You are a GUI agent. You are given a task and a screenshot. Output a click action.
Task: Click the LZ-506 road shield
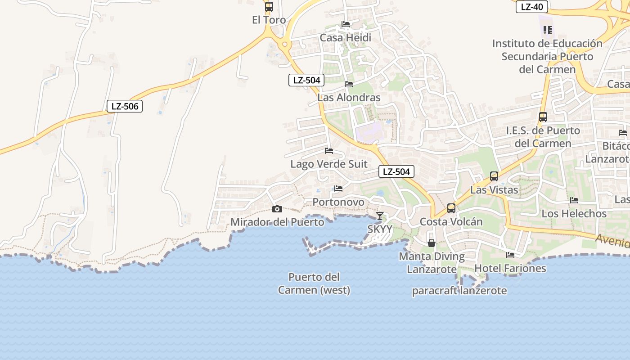point(125,106)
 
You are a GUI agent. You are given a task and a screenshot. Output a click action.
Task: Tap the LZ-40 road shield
point(531,7)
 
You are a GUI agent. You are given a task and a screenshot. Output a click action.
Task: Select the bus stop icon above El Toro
point(269,7)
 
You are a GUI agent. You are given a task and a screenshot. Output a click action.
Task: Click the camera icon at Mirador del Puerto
point(277,209)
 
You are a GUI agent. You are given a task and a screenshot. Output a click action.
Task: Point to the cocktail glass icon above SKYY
point(380,216)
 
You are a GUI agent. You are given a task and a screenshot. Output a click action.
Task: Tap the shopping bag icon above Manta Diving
point(432,243)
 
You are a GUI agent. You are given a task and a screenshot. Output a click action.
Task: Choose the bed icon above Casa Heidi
point(346,24)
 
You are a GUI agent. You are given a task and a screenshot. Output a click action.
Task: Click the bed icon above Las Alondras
point(349,84)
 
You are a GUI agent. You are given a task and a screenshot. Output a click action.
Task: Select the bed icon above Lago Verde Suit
point(329,151)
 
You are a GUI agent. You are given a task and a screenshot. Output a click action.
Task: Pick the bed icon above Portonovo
point(338,189)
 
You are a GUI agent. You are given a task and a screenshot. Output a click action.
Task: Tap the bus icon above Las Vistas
point(494,176)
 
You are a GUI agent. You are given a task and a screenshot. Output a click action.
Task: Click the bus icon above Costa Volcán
point(451,208)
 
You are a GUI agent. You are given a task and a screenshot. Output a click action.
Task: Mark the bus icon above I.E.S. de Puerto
point(543,117)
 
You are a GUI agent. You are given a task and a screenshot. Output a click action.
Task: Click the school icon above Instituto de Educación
point(547,30)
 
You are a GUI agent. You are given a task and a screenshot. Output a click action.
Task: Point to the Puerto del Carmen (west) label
point(314,283)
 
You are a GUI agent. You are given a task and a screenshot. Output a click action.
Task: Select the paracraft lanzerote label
point(459,291)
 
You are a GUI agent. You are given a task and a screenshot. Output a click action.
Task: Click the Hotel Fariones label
point(510,268)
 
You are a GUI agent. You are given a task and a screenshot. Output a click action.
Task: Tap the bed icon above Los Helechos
point(574,200)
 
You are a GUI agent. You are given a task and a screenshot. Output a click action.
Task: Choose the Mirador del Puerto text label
point(277,222)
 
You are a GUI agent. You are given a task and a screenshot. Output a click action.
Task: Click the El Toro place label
point(269,20)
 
